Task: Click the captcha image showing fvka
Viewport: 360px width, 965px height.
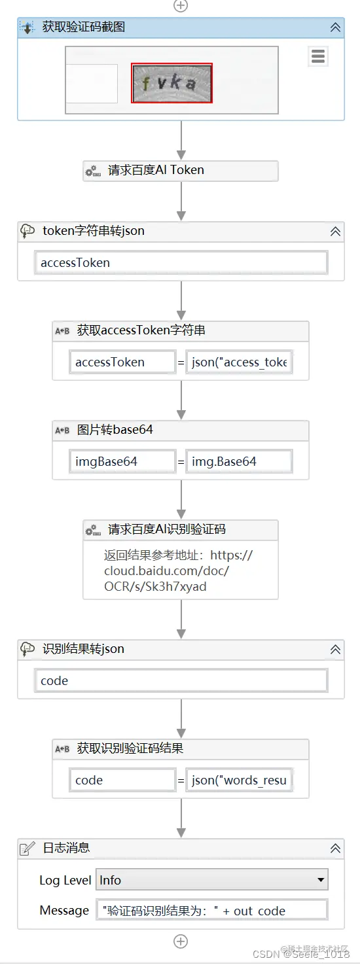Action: pos(172,83)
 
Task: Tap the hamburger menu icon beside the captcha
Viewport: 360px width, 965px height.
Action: pos(318,57)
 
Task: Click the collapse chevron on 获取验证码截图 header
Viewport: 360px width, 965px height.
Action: pos(335,27)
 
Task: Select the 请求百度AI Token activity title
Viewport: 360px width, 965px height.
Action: pos(156,170)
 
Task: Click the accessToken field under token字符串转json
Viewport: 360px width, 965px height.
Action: pos(181,263)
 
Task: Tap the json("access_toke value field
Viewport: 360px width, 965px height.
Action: pos(240,362)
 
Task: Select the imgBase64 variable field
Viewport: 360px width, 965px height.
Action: pos(122,462)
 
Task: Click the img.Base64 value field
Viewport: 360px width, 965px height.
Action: pos(240,462)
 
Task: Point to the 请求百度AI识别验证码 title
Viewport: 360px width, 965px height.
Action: pos(167,529)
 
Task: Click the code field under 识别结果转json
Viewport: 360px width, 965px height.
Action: pos(181,681)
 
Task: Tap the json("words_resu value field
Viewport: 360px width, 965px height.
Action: pos(240,781)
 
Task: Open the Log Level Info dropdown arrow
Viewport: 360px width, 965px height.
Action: pos(321,880)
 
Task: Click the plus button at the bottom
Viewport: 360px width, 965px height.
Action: pos(181,941)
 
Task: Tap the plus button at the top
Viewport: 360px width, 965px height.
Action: pos(181,5)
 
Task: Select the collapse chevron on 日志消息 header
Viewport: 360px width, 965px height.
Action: pos(335,849)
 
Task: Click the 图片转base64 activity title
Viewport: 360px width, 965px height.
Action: pos(115,430)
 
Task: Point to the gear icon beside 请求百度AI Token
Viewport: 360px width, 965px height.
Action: pos(92,171)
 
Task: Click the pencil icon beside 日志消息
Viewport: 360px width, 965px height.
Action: pos(27,849)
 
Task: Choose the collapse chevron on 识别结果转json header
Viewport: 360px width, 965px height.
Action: pos(335,650)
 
